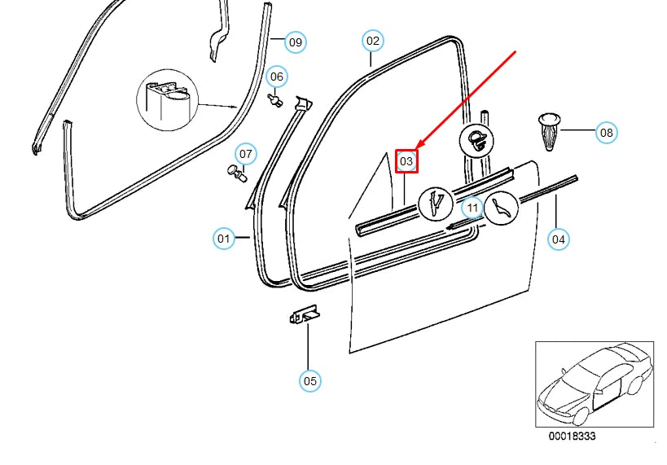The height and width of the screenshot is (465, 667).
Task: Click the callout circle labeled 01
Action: click(224, 239)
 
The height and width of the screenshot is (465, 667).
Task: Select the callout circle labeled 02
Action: click(372, 40)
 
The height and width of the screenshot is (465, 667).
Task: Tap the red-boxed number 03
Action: click(406, 162)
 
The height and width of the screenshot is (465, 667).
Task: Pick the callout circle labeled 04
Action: click(558, 239)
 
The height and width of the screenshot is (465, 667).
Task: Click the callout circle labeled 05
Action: click(309, 380)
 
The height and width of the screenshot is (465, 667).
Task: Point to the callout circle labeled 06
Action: click(277, 77)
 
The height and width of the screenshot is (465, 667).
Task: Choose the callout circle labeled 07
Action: click(246, 153)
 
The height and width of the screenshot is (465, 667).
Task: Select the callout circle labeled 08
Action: click(606, 132)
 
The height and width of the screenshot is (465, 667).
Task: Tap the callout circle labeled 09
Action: click(295, 42)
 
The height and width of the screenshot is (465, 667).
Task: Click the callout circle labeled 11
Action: click(473, 208)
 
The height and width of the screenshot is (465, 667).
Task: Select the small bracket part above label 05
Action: click(305, 314)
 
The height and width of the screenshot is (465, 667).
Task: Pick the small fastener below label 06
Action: click(276, 100)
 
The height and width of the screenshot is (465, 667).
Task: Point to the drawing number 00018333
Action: click(571, 437)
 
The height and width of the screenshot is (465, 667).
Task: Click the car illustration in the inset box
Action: click(595, 384)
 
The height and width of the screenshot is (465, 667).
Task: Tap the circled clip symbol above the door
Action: click(476, 140)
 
